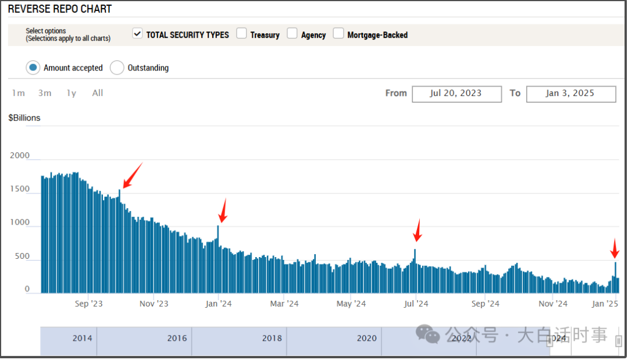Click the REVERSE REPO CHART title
click(x=60, y=9)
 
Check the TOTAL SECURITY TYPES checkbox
click(x=137, y=34)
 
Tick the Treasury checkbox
click(x=241, y=34)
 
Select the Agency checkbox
click(x=292, y=34)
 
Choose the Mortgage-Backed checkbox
click(x=338, y=34)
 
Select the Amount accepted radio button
click(x=33, y=67)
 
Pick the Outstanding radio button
click(x=117, y=67)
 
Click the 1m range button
click(x=19, y=93)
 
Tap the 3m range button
click(x=45, y=93)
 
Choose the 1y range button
click(x=71, y=93)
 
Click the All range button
click(x=98, y=93)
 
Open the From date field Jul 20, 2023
click(x=456, y=94)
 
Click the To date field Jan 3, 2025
click(x=570, y=94)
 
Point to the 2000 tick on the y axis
click(x=20, y=156)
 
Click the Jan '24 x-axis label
click(x=218, y=304)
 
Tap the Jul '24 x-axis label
click(x=416, y=304)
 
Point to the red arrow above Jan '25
click(x=614, y=248)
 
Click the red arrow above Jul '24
click(x=416, y=231)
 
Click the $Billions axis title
click(x=24, y=118)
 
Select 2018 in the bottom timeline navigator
click(x=272, y=338)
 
